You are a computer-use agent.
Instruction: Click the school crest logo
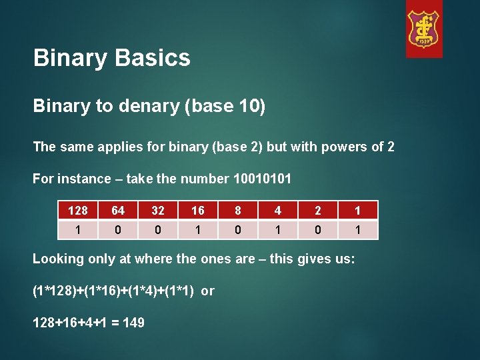(424, 29)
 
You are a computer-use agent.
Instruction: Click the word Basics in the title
(152, 58)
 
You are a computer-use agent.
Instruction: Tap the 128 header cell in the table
(78, 211)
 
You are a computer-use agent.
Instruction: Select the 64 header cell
(118, 211)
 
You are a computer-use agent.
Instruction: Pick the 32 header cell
(158, 211)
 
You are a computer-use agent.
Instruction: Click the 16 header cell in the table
(198, 211)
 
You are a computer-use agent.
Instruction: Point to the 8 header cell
(238, 211)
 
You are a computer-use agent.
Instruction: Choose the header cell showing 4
(278, 211)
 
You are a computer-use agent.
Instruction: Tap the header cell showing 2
(318, 211)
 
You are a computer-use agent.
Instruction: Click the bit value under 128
(78, 230)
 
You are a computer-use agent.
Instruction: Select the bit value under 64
(118, 230)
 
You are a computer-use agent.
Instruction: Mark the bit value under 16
(198, 230)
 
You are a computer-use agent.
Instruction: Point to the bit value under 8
(238, 230)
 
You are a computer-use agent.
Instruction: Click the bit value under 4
(278, 230)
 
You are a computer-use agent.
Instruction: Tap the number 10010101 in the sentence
(262, 179)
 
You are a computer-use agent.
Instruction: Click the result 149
(133, 323)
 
